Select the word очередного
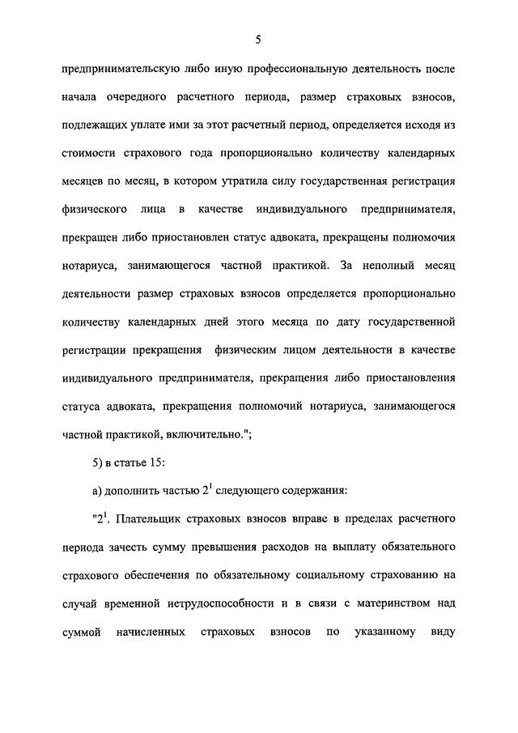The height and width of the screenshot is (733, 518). [x=135, y=97]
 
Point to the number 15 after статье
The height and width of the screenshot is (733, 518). [x=157, y=462]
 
